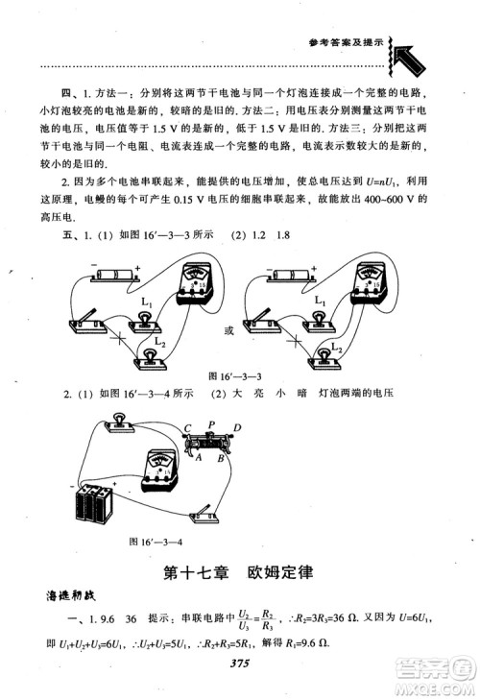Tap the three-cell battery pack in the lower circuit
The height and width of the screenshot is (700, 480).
[x=96, y=503]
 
